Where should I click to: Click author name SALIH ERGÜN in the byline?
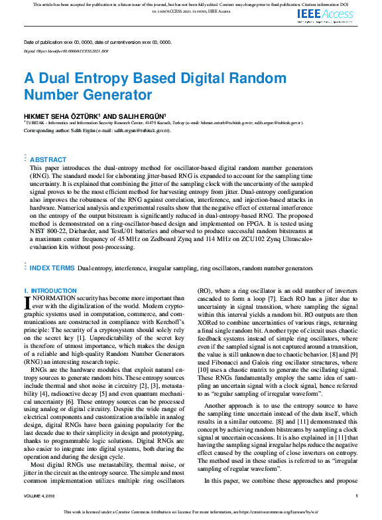pyautogui.click(x=144, y=116)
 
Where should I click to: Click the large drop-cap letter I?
pyautogui.click(x=27, y=303)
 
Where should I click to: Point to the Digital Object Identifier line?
pyautogui.click(x=66, y=50)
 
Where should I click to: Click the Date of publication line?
pyautogui.click(x=97, y=42)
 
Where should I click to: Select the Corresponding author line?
pyautogui.click(x=97, y=131)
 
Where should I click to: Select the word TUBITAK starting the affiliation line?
pyautogui.click(x=36, y=123)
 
